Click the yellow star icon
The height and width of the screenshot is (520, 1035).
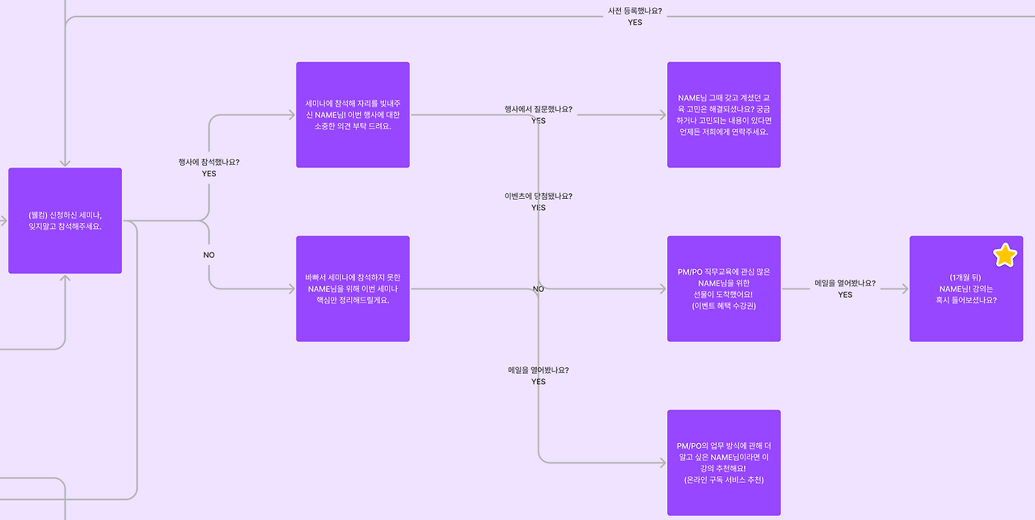tap(1005, 256)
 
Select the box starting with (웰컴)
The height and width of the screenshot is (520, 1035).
tap(65, 220)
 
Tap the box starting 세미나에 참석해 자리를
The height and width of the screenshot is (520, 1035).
tap(353, 115)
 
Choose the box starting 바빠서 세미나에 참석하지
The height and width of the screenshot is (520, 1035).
tap(353, 289)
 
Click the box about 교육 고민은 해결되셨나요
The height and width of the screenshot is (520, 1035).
tap(724, 115)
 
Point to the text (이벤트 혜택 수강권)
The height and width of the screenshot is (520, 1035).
tap(724, 306)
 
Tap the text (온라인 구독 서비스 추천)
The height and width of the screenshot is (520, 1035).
tap(724, 480)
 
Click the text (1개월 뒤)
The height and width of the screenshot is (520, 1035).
tap(965, 277)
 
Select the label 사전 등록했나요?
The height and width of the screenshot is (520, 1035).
tap(635, 11)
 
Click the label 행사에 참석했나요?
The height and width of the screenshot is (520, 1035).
tap(209, 162)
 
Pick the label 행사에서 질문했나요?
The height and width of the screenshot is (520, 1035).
tap(538, 109)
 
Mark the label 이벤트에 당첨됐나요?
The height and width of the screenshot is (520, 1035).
tap(538, 196)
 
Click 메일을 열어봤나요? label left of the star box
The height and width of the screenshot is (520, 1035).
tap(845, 284)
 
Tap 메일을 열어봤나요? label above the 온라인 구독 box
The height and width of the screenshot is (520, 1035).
tap(538, 370)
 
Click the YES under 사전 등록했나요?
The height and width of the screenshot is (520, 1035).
tap(635, 23)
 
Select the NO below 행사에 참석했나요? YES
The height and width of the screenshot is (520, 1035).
tap(209, 255)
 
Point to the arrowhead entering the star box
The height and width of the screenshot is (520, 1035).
tap(905, 289)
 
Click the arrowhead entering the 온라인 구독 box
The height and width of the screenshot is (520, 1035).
tap(662, 463)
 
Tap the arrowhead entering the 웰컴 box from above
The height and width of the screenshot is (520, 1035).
tap(65, 163)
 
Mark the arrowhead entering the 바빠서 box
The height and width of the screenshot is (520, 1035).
tap(291, 289)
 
